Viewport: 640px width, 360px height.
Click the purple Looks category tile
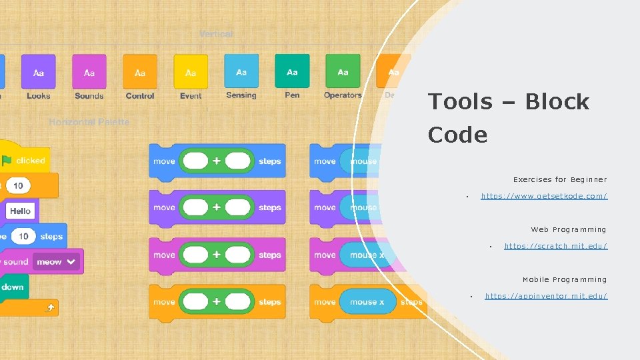(39, 71)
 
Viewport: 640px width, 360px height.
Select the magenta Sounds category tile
(89, 71)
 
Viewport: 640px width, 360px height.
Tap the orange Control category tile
(140, 71)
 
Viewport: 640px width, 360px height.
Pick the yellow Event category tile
(191, 71)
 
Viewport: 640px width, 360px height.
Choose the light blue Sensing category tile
(241, 71)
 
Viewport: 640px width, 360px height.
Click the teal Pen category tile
(292, 71)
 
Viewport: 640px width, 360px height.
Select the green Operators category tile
(343, 71)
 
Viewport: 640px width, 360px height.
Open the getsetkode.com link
(544, 196)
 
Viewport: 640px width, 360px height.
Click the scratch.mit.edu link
(555, 246)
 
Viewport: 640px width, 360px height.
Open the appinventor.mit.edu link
(546, 296)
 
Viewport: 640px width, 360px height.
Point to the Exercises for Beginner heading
(560, 179)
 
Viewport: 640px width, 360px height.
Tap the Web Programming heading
(569, 229)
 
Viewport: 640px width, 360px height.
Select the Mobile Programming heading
(565, 279)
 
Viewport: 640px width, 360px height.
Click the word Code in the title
(457, 135)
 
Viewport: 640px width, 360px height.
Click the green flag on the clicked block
(7, 160)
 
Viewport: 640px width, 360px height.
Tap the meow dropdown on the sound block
(57, 262)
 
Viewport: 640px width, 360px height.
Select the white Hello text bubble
(20, 211)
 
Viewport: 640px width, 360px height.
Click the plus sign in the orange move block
(217, 302)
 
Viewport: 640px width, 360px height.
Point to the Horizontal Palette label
(89, 122)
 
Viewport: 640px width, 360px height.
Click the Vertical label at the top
(216, 34)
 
